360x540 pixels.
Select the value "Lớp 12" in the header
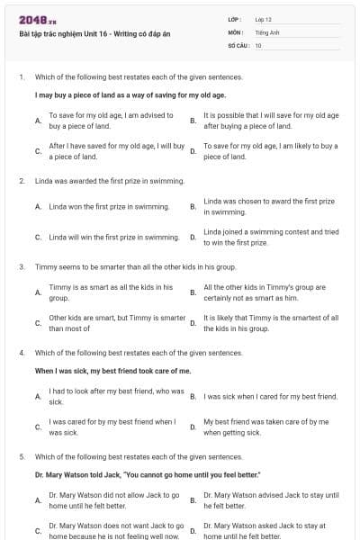(263, 19)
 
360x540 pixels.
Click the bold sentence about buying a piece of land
(117, 94)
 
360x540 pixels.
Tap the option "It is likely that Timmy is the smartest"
(271, 323)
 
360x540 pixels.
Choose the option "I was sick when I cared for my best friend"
(271, 396)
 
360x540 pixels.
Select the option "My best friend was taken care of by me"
(265, 427)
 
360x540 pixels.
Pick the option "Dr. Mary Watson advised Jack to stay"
(271, 499)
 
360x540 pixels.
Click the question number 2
(22, 181)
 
